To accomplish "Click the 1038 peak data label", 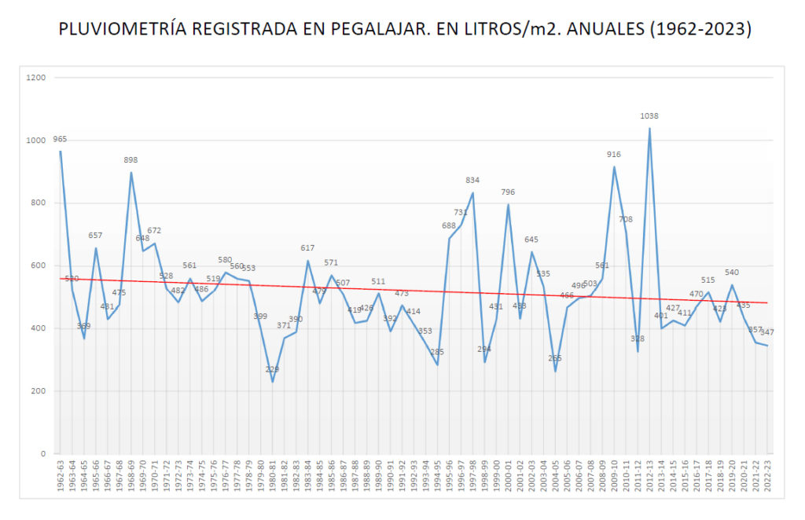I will point(649,116).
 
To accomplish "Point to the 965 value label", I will point(60,139).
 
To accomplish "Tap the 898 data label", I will point(130,160).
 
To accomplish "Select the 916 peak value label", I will point(614,155).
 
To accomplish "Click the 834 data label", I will point(472,180).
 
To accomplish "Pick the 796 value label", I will point(508,192).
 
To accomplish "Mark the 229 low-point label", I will point(272,369).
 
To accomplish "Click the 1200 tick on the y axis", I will point(36,78).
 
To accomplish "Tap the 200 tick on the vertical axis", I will point(39,391).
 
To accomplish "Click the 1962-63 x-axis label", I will point(61,477).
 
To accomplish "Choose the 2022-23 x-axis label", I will point(768,477).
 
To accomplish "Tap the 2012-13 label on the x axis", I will point(650,477).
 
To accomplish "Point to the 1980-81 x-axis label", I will point(273,477).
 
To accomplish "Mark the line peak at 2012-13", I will point(649,128).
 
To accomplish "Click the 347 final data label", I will point(767,332).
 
